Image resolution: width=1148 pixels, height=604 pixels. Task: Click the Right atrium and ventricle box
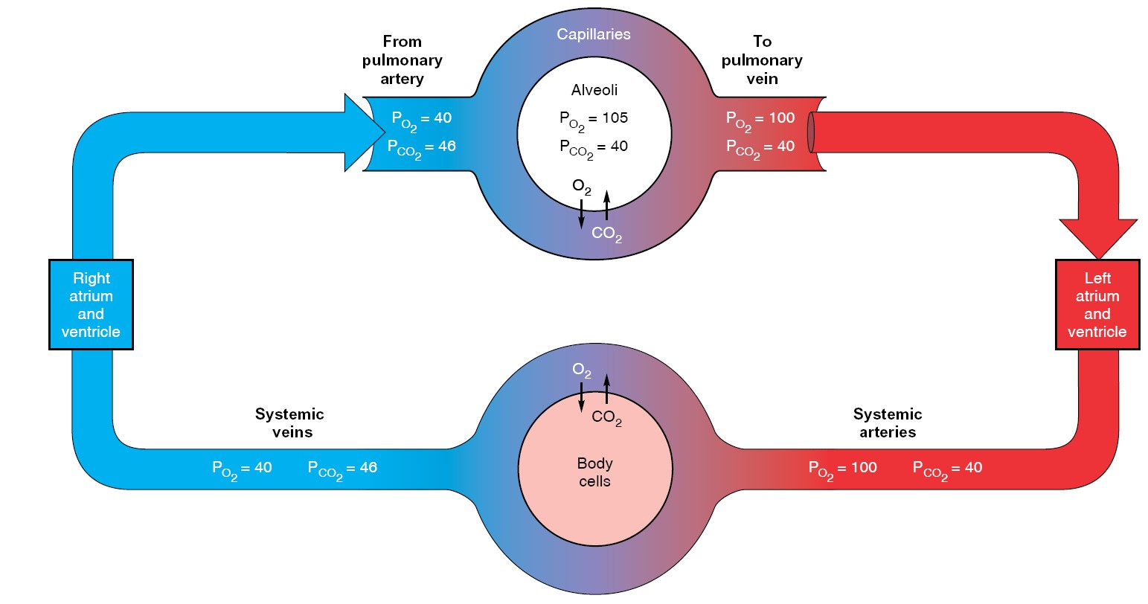(x=91, y=304)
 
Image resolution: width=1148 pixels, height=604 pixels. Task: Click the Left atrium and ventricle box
(x=1097, y=304)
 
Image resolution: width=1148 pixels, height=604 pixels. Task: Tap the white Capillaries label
(x=593, y=34)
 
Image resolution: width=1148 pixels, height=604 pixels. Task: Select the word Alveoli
(x=594, y=90)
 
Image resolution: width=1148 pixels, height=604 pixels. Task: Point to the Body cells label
(x=594, y=472)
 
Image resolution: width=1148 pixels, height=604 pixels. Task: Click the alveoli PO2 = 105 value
(x=593, y=118)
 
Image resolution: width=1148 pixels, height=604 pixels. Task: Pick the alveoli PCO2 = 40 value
(x=593, y=147)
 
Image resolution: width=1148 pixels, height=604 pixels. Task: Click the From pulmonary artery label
(x=402, y=60)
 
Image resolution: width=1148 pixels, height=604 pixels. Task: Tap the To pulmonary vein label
(x=762, y=60)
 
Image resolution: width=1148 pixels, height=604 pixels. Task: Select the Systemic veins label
(x=290, y=423)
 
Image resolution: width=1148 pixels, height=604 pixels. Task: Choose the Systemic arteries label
(x=888, y=423)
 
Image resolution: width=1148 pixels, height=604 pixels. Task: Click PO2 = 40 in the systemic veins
(x=242, y=469)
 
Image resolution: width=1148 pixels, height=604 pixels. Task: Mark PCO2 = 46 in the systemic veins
(x=342, y=469)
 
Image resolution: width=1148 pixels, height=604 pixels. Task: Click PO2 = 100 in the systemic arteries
(x=843, y=469)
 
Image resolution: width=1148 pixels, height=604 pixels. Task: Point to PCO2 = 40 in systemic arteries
(x=947, y=469)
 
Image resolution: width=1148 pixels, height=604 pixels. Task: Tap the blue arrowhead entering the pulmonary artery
(x=363, y=132)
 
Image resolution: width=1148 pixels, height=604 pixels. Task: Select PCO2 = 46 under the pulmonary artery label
(x=421, y=147)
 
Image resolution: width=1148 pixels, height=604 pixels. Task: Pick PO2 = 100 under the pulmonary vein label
(x=760, y=119)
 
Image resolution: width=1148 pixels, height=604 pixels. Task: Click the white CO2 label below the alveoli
(x=606, y=234)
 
